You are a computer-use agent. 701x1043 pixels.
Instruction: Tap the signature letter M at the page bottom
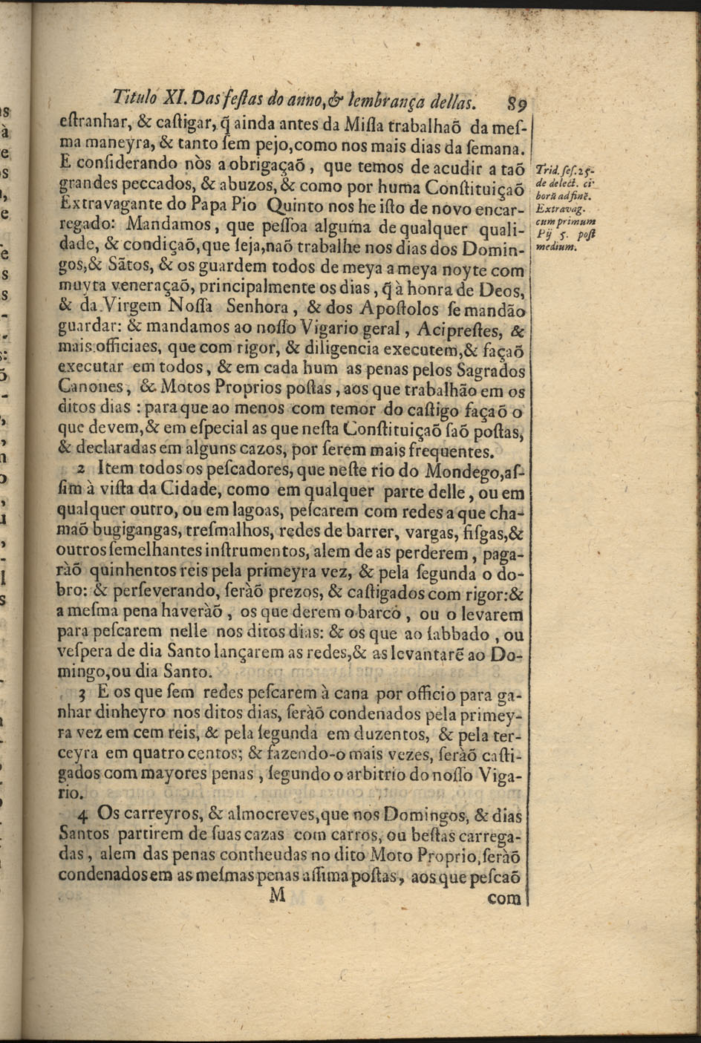(277, 895)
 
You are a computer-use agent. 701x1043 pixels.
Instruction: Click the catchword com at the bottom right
(506, 897)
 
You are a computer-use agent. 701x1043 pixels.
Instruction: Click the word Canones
(92, 387)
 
